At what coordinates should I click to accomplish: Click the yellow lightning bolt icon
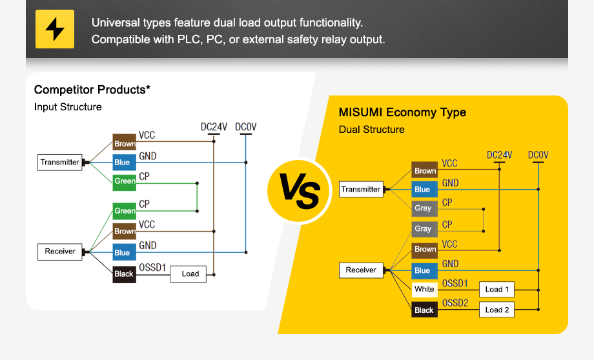click(55, 29)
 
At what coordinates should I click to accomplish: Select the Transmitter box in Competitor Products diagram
click(60, 162)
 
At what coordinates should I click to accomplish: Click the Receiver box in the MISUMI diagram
click(361, 270)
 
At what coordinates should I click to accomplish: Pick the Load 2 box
click(497, 310)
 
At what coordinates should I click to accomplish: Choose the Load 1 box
click(497, 289)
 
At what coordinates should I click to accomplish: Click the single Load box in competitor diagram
click(190, 274)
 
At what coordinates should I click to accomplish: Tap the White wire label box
click(424, 289)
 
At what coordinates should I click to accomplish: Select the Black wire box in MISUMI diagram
click(424, 310)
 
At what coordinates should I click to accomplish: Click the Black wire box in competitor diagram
click(124, 274)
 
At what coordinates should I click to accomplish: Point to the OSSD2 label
click(455, 303)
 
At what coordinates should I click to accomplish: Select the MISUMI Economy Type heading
click(402, 112)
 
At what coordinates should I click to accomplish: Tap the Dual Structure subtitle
click(372, 130)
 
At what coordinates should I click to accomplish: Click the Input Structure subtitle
click(68, 107)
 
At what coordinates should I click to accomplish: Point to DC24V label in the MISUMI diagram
click(499, 155)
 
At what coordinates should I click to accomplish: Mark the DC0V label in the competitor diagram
click(245, 127)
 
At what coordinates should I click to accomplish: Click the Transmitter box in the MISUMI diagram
click(361, 189)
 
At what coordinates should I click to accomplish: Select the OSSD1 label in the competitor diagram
click(152, 267)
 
